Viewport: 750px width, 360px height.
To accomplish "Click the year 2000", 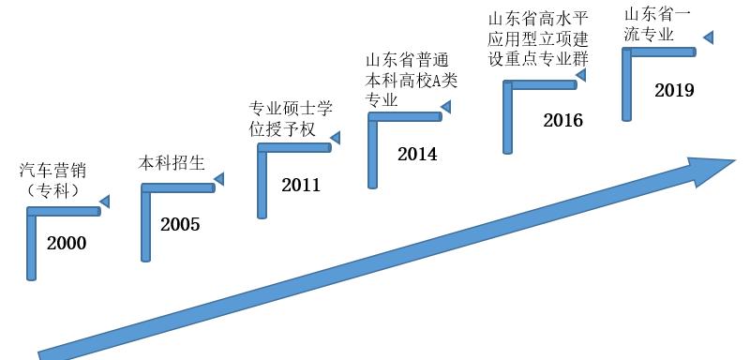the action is [x=67, y=244].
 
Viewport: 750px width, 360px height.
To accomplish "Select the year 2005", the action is [x=180, y=224].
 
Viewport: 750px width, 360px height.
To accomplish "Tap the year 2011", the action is [x=301, y=185].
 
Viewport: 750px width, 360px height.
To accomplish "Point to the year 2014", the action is [x=417, y=154].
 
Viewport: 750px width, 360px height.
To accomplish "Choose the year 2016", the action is [x=563, y=121].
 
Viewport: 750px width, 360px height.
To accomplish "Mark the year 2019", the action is [x=674, y=90].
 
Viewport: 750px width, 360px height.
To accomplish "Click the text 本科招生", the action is [x=172, y=163].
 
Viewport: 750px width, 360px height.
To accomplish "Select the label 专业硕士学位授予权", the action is [x=291, y=118].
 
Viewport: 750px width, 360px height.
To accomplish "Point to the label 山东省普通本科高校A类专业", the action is [x=412, y=80].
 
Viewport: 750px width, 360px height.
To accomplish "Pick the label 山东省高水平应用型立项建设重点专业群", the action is [x=538, y=39].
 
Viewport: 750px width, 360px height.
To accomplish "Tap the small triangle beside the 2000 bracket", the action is [x=104, y=202].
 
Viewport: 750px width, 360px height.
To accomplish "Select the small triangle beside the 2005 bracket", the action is [x=219, y=179].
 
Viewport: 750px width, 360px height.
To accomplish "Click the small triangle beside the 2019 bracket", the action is [x=709, y=37].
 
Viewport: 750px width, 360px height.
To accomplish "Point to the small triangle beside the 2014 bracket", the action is [x=446, y=107].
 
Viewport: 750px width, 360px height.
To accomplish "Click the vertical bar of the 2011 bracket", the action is [x=262, y=181].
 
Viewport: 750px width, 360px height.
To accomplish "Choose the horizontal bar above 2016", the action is [x=540, y=84].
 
